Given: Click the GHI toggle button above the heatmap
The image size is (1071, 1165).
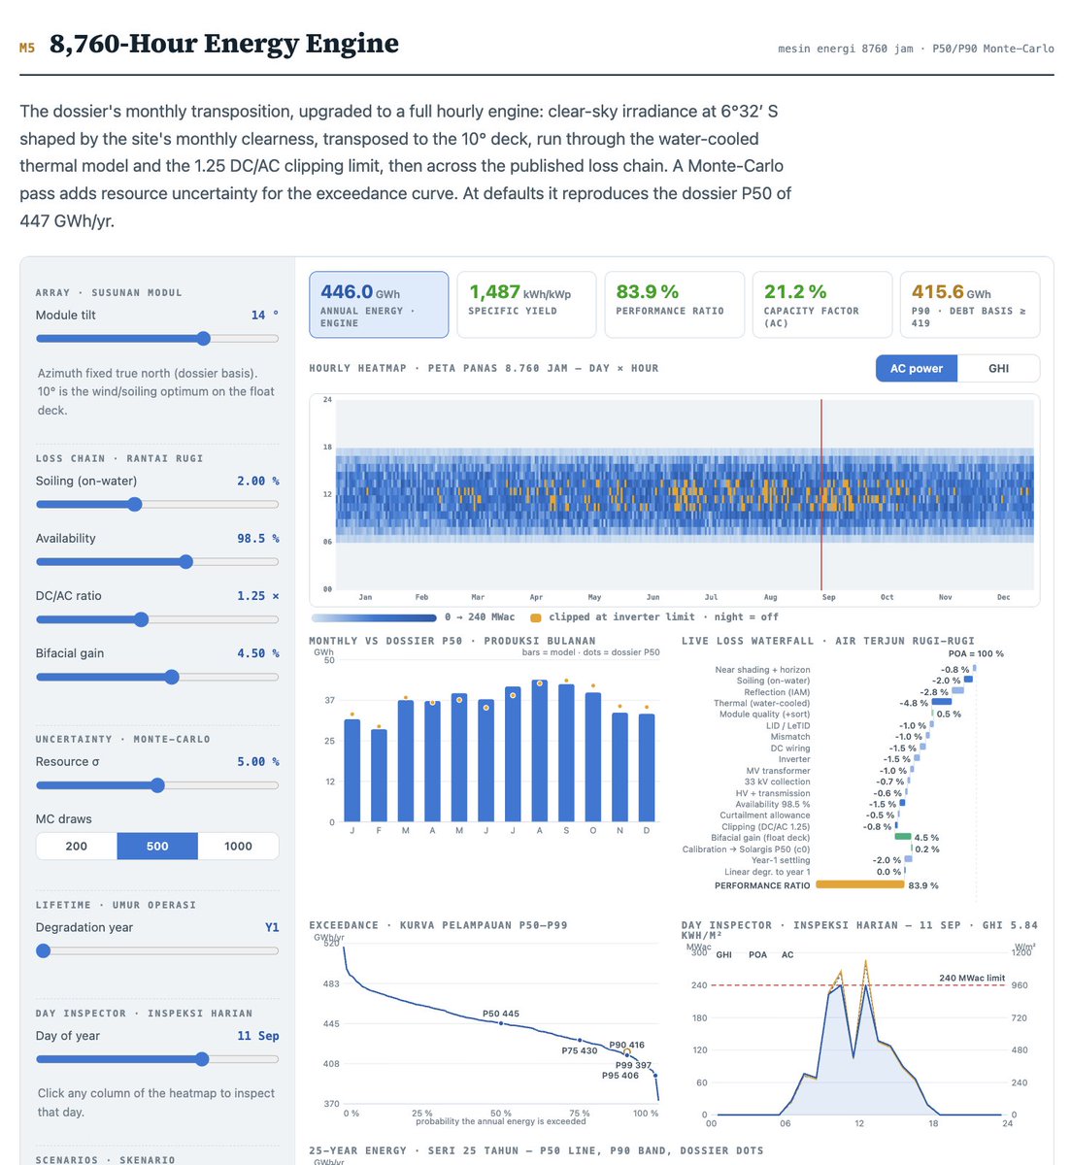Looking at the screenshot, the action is pyautogui.click(x=998, y=368).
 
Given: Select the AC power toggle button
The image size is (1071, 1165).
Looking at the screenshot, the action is pyautogui.click(x=916, y=368).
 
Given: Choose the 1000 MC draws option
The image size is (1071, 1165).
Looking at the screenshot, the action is pyautogui.click(x=238, y=847).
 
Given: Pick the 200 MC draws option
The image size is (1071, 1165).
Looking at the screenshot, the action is pyautogui.click(x=76, y=847).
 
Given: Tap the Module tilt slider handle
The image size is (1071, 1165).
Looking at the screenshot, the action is pyautogui.click(x=203, y=339).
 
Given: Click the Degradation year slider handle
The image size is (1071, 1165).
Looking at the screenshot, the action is pyautogui.click(x=43, y=950).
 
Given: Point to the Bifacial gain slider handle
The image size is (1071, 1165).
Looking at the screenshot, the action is pyautogui.click(x=172, y=677).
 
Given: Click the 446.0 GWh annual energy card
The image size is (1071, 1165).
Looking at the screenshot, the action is pyautogui.click(x=379, y=304).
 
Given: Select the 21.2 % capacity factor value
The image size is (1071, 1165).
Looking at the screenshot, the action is pyautogui.click(x=794, y=291).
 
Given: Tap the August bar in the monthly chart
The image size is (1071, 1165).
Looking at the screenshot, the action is pyautogui.click(x=539, y=750).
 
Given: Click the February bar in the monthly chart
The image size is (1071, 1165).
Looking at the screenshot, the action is pyautogui.click(x=379, y=776).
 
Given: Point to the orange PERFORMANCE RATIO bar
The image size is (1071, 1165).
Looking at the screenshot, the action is pyautogui.click(x=859, y=884).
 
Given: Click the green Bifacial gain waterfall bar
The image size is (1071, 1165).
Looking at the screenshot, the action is pyautogui.click(x=902, y=836).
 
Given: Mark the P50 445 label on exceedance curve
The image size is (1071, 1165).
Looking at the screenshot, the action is pyautogui.click(x=500, y=1014).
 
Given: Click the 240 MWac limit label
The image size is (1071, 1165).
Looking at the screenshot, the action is pyautogui.click(x=971, y=978).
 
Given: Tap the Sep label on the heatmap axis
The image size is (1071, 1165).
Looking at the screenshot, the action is pyautogui.click(x=828, y=597).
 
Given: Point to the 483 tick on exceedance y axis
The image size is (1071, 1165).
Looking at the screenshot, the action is pyautogui.click(x=331, y=983).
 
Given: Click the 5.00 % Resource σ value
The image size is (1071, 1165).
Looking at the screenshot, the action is pyautogui.click(x=257, y=761).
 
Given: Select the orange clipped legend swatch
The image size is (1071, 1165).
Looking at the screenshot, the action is pyautogui.click(x=535, y=617).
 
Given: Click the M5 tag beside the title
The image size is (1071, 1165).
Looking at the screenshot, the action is pyautogui.click(x=27, y=48).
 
